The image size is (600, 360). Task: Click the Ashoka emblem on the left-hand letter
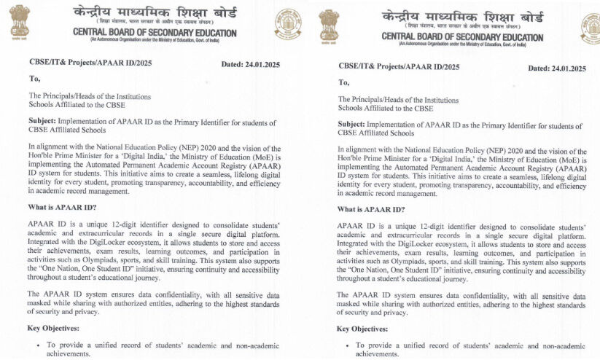pyautogui.click(x=20, y=21)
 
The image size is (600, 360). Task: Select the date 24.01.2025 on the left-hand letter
pyautogui.click(x=250, y=65)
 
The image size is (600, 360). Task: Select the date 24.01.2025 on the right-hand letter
pyautogui.click(x=557, y=68)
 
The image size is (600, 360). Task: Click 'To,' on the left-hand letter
pyautogui.click(x=36, y=79)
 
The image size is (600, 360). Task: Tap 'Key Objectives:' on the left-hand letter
pyautogui.click(x=54, y=328)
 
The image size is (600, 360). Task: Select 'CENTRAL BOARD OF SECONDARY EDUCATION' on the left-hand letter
pyautogui.click(x=155, y=33)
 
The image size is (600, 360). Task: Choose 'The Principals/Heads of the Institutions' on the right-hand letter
pyautogui.click(x=398, y=100)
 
